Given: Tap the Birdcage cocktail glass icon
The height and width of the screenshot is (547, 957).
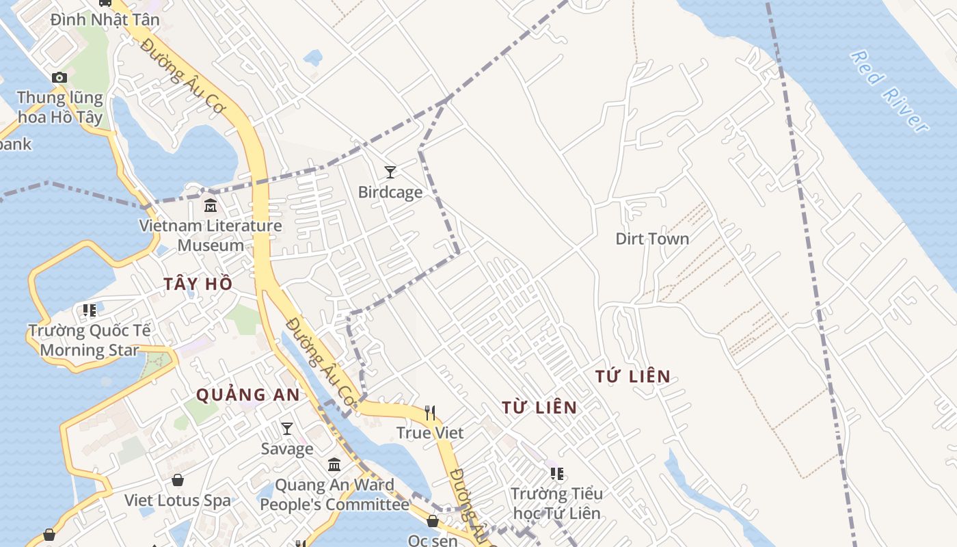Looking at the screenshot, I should click(x=390, y=172).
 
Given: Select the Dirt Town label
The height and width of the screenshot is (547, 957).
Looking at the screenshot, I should click(x=652, y=239).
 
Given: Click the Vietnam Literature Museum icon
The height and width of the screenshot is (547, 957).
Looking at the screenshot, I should click(x=211, y=205).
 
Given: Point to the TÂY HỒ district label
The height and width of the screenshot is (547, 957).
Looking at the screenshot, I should click(x=198, y=284).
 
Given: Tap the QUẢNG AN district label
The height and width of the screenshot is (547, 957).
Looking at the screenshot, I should click(x=248, y=395).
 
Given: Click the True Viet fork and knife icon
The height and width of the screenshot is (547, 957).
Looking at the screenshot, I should click(x=430, y=412).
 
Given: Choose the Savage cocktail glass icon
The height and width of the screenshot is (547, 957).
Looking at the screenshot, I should click(x=287, y=429).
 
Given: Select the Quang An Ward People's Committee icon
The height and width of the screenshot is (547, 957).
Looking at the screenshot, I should click(x=334, y=465).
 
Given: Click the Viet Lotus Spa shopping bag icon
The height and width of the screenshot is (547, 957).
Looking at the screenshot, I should click(x=178, y=480).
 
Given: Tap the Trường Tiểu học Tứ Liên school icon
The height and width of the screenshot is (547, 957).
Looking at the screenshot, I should click(x=557, y=473).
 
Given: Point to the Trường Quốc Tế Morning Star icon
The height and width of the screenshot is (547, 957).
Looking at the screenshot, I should click(x=90, y=310).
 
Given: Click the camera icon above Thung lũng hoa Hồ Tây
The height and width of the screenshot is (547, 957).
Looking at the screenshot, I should click(x=59, y=77).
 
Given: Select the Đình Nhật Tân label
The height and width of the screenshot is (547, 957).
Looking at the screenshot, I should click(x=105, y=20).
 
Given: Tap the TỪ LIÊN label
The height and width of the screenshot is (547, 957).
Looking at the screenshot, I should click(x=539, y=408).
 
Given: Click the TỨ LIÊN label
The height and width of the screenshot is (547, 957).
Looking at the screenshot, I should click(x=633, y=376).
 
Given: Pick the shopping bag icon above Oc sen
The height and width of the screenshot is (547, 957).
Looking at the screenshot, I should click(x=433, y=521).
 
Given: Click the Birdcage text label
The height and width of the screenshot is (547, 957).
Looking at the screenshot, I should click(x=390, y=192).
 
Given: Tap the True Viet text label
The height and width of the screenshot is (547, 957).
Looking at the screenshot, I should click(x=430, y=433).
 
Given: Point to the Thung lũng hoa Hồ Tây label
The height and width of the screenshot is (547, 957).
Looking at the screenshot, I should click(x=60, y=107).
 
